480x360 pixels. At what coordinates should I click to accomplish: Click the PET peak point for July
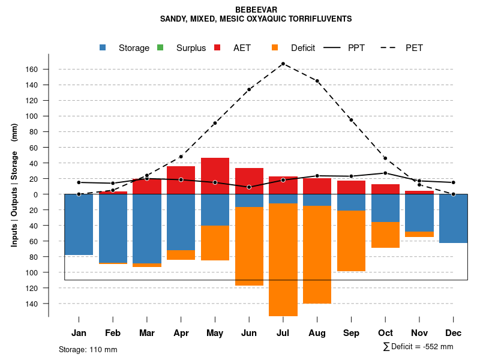(x=283, y=64)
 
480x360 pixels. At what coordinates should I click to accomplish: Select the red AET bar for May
(x=215, y=176)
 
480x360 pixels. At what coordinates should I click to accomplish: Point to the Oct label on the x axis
(x=385, y=333)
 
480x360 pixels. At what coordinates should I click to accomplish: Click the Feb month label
(x=113, y=333)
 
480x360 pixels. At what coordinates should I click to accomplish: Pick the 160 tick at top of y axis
(x=32, y=70)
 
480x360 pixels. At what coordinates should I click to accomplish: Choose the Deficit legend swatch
(x=275, y=47)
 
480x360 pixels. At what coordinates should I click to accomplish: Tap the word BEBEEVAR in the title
(x=256, y=10)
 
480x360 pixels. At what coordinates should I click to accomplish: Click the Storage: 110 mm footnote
(x=88, y=349)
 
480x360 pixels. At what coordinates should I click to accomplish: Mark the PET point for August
(x=317, y=81)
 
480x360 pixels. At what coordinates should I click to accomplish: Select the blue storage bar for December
(x=454, y=218)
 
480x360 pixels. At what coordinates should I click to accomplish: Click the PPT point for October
(x=385, y=173)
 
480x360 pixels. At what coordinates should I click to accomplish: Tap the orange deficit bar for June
(x=249, y=246)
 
